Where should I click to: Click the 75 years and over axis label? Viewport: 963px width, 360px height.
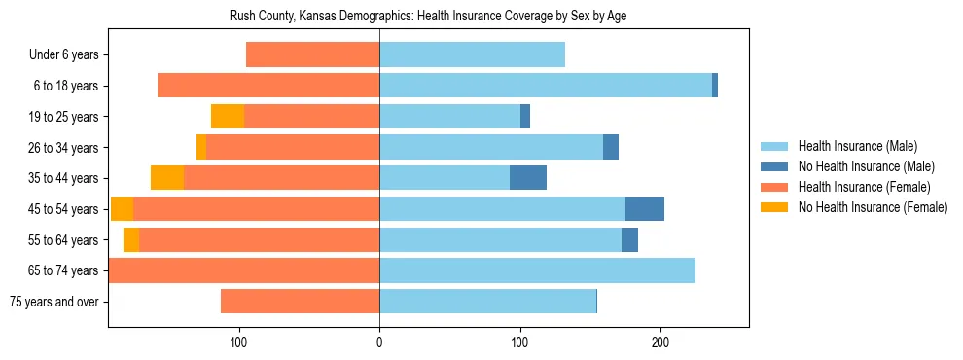(54, 302)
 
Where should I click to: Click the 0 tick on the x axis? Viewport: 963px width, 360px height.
(379, 342)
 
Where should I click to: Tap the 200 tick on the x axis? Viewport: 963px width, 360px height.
(660, 342)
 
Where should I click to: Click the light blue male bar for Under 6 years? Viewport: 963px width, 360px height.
(472, 55)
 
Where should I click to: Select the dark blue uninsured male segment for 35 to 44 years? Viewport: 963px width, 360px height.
(528, 178)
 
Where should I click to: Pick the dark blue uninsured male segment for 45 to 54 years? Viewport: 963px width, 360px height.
(645, 209)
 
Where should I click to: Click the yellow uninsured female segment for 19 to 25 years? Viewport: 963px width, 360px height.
(228, 117)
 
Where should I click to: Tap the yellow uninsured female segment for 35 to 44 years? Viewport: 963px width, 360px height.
(167, 178)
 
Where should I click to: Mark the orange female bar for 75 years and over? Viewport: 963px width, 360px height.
(300, 302)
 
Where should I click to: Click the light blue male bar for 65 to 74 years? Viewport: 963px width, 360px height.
(537, 270)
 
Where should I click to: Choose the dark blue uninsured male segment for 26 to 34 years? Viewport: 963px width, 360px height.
(611, 148)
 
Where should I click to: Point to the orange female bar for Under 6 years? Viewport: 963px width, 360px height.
(312, 55)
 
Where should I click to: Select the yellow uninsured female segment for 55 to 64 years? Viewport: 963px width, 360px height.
(131, 240)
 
